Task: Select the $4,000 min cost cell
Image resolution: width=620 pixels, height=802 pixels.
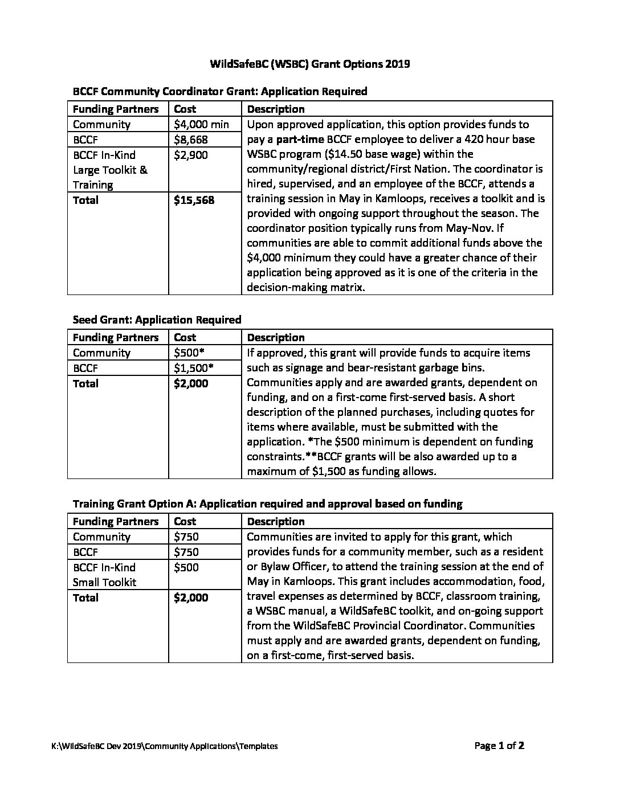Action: tap(201, 124)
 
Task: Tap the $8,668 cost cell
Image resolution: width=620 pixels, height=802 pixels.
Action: tap(191, 140)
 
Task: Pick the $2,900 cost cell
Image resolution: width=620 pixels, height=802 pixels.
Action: tap(191, 155)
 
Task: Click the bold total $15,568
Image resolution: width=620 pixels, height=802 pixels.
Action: tap(194, 200)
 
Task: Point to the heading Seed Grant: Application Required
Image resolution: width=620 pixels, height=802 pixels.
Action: tap(157, 320)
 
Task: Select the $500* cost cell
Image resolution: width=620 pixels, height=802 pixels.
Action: tap(187, 353)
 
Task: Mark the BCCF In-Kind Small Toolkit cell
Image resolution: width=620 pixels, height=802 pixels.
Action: tap(105, 575)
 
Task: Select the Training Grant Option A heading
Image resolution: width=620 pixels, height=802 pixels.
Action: tap(267, 504)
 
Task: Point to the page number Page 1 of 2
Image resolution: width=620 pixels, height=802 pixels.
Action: tap(499, 746)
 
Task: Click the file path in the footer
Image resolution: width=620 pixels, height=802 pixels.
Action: tap(164, 746)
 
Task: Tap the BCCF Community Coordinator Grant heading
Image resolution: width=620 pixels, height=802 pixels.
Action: tap(220, 91)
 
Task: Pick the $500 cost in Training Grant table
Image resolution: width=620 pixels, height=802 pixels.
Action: tap(186, 567)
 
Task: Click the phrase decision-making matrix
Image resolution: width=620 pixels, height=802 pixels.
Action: tap(305, 288)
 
